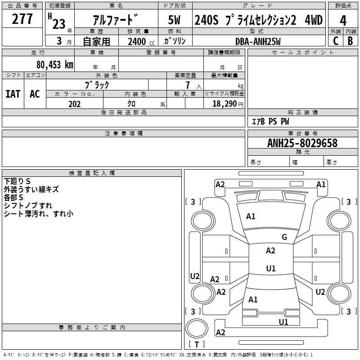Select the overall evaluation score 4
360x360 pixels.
click(343, 20)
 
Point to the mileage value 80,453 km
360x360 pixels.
click(54, 64)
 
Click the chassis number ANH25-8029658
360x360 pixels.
click(302, 143)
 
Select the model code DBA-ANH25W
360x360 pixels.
click(258, 41)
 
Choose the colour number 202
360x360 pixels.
click(74, 104)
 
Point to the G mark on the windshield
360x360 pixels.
click(284, 237)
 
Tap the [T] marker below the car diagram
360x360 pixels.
click(196, 344)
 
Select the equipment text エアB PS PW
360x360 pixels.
click(270, 121)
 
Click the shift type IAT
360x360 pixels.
click(13, 94)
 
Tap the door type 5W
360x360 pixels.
click(175, 20)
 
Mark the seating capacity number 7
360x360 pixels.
click(186, 85)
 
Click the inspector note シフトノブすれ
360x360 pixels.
click(27, 206)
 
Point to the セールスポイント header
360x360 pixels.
click(303, 53)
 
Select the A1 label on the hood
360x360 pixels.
click(251, 216)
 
